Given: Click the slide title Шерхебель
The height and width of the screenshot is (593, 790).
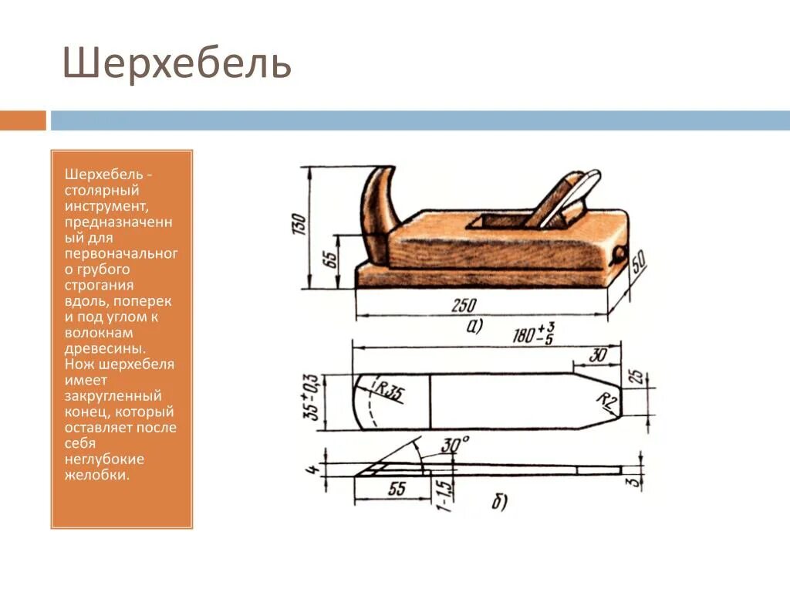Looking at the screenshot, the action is [177, 64].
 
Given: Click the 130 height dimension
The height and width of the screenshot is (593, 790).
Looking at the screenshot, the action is [299, 224].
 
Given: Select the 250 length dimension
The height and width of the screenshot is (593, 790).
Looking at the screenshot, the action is [464, 305].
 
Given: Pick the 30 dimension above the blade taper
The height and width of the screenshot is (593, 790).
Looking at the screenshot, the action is [596, 354].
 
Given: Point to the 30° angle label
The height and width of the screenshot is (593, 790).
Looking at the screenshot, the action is [454, 446].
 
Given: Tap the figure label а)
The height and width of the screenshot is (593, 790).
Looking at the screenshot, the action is [473, 327].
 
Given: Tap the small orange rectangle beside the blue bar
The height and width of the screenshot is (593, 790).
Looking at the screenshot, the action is [22, 120].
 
